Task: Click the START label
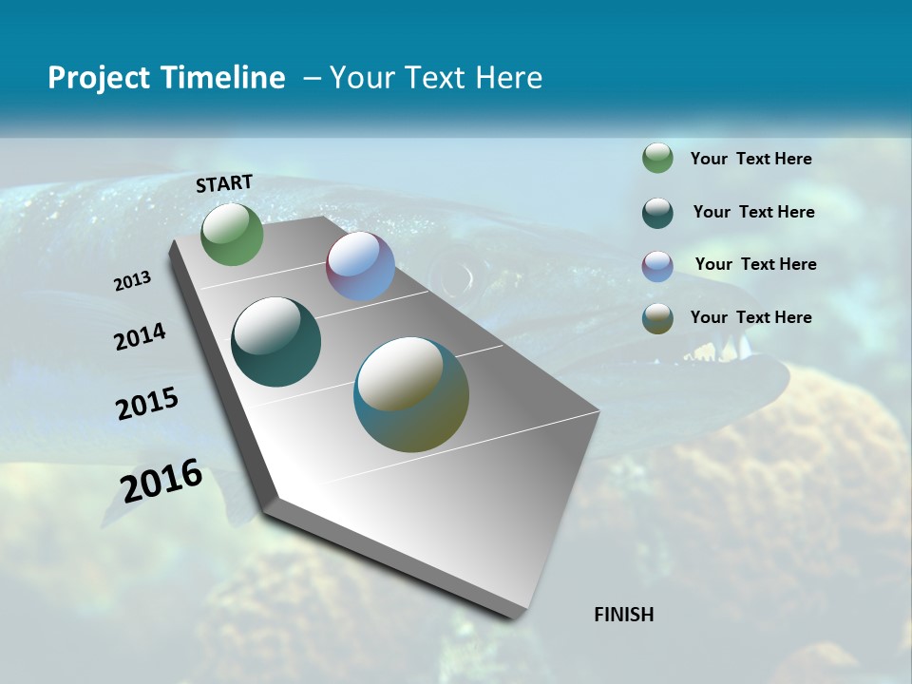coord(224,183)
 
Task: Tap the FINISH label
coord(623,615)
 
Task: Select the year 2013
coord(132,281)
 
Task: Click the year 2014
coord(140,336)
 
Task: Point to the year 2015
coord(146,404)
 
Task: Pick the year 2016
coord(161,481)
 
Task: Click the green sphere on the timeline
coord(232,235)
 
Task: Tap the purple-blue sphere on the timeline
coord(360,266)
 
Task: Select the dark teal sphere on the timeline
coord(275,342)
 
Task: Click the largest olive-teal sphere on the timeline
coord(411,394)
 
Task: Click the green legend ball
coord(657,158)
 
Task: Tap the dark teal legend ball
coord(657,213)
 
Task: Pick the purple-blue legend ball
coord(657,266)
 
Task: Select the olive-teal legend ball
coord(657,318)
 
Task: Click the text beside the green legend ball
coord(750,159)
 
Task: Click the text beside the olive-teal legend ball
coord(750,317)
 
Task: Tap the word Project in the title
coord(98,78)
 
